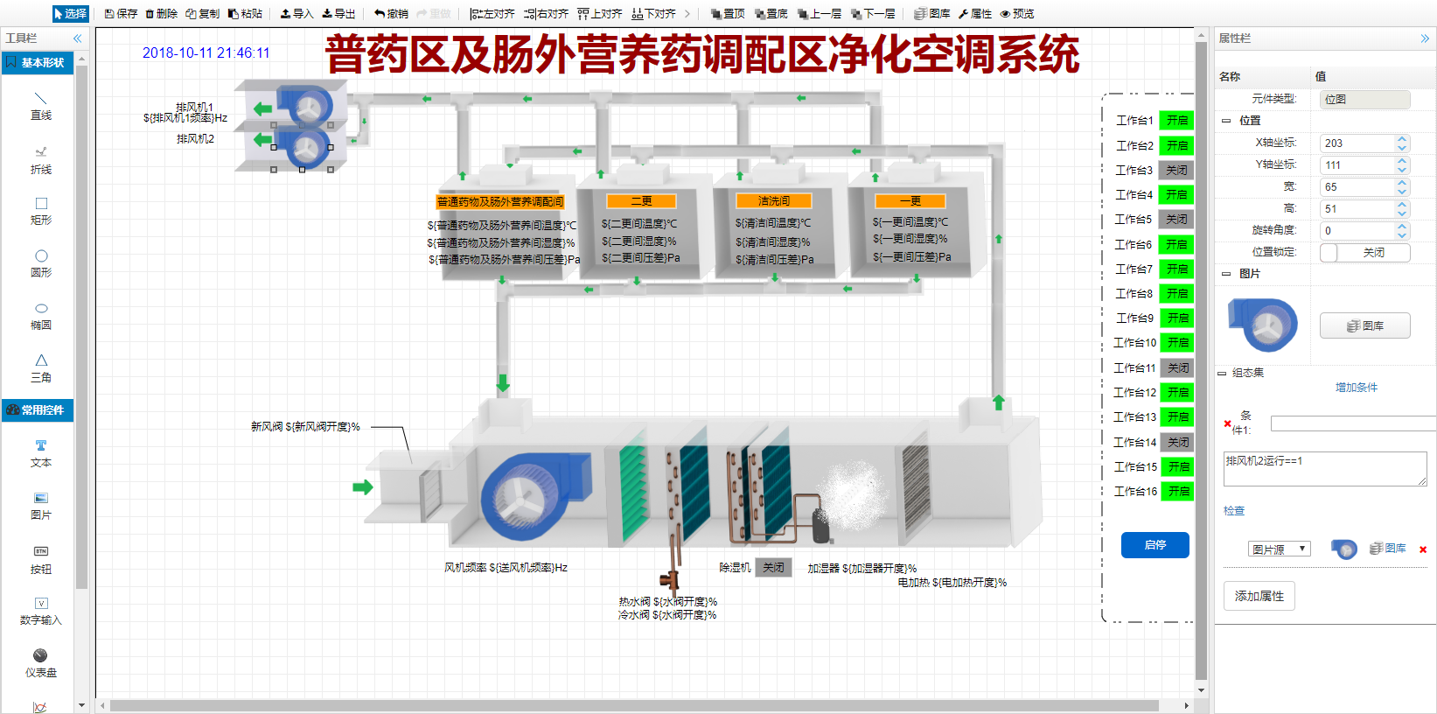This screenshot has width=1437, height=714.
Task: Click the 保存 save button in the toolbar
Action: point(121,14)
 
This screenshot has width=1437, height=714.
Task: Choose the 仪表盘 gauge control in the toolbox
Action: point(40,661)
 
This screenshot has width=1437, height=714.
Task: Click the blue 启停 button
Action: point(1154,545)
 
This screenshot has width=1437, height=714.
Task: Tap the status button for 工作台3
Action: point(1176,171)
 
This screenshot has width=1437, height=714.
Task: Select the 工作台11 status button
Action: point(1177,368)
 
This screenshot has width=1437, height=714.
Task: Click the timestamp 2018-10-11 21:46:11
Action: point(206,53)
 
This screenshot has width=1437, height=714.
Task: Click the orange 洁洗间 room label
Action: point(773,201)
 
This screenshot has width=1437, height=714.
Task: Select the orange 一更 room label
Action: point(910,201)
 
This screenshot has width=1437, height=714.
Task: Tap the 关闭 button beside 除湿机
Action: point(773,568)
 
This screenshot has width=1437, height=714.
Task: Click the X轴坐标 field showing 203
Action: point(1357,143)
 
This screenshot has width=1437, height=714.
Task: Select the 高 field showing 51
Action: point(1357,209)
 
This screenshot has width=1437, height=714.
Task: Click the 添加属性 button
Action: point(1259,596)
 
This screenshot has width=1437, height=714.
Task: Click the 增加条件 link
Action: point(1356,388)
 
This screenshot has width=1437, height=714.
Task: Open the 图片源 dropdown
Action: point(1279,549)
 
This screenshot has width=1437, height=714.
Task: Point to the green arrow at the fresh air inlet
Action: point(362,487)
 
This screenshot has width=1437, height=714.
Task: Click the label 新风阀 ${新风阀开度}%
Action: point(305,427)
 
